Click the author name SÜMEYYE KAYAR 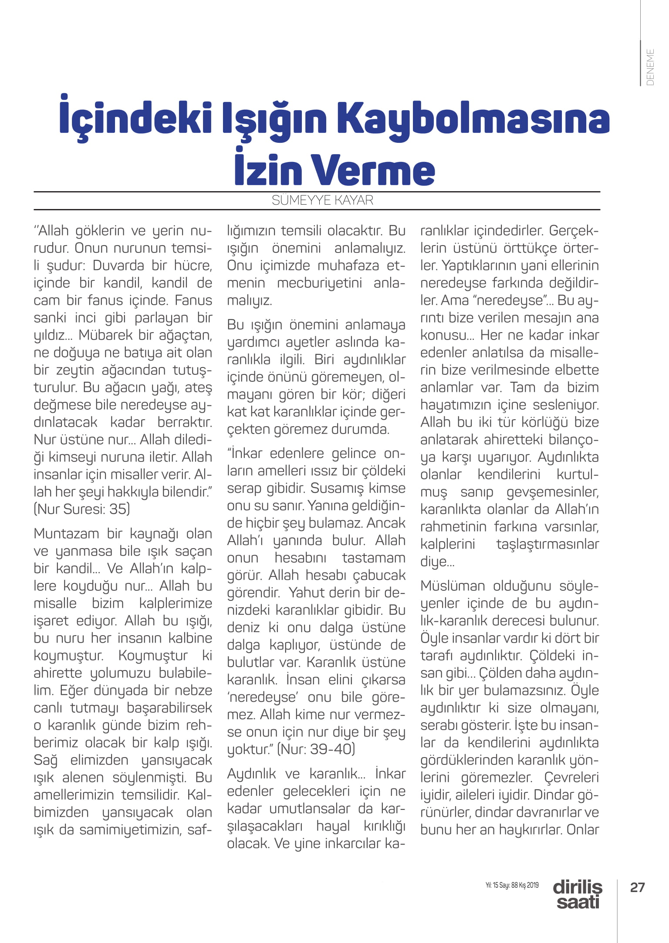323,200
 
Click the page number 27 638,887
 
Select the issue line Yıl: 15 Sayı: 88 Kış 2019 512,885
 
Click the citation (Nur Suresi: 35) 82,509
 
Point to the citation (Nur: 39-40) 316,749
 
